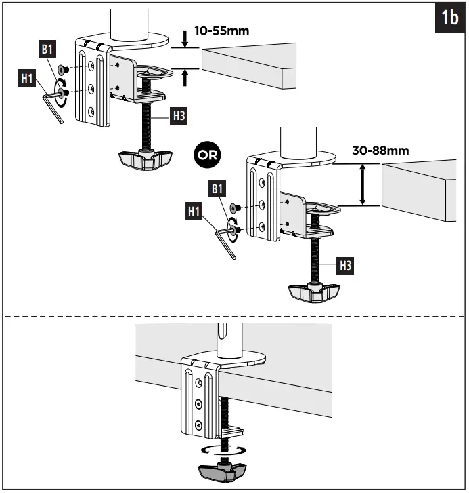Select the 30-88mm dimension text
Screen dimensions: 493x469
[x=380, y=150]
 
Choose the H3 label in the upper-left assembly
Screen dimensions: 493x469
[x=179, y=115]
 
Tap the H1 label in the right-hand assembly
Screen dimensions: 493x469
[x=195, y=212]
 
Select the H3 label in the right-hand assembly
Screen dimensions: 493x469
[x=346, y=264]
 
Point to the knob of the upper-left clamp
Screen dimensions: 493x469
[x=143, y=159]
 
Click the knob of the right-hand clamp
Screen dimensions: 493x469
[x=313, y=292]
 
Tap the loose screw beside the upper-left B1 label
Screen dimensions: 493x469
[x=62, y=69]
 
